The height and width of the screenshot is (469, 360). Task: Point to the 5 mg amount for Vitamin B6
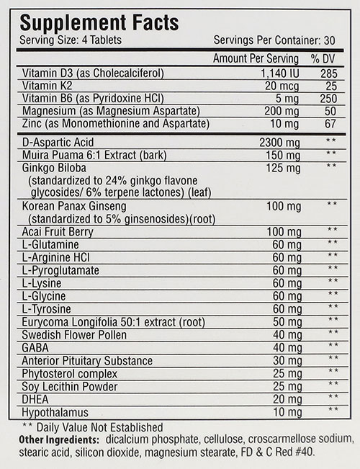pos(279,99)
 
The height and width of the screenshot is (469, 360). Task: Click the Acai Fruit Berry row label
pos(58,231)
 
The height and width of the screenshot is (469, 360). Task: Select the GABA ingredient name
pos(35,348)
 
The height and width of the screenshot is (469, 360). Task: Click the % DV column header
pos(325,58)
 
